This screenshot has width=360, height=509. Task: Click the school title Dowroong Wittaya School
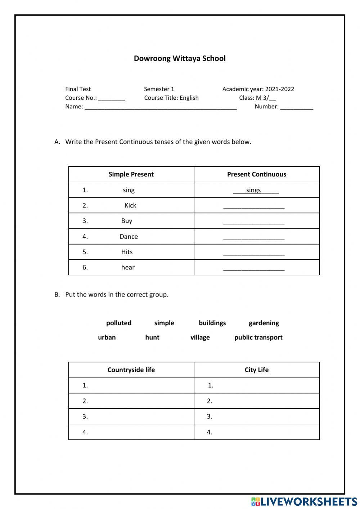click(180, 58)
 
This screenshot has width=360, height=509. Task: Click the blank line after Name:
click(161, 107)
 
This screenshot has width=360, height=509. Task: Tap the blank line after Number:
click(296, 107)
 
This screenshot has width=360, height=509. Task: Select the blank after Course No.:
click(112, 99)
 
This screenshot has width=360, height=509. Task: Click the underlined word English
click(189, 98)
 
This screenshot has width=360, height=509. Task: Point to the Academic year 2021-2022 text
click(258, 89)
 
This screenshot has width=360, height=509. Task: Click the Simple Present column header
click(131, 174)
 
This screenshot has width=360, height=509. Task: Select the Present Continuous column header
click(256, 174)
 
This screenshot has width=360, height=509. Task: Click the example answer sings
click(253, 190)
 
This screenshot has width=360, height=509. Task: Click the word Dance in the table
click(129, 237)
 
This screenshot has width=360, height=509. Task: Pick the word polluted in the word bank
click(119, 323)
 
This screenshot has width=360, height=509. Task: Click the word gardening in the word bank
click(264, 323)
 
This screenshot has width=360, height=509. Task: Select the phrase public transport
click(258, 338)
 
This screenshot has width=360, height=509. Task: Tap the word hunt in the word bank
click(152, 338)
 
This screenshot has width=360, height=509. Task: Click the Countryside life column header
click(131, 370)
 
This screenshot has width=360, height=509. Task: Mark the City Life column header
click(256, 370)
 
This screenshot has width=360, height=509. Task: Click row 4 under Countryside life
click(131, 432)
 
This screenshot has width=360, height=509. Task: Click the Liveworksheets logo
click(304, 501)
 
